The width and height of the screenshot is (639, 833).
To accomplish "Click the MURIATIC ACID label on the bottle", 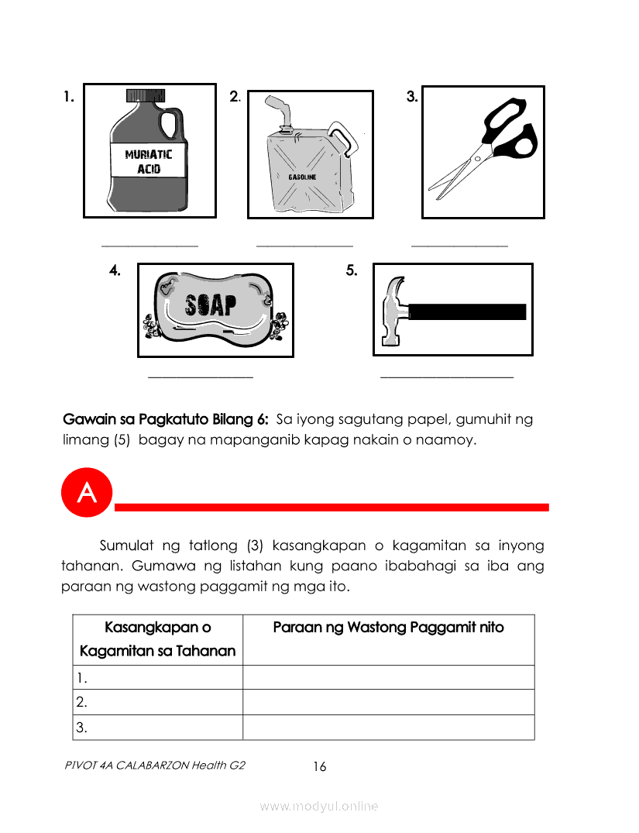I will [149, 160].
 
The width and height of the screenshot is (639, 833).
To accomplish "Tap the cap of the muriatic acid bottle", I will [146, 95].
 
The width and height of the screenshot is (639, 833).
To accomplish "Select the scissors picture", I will [483, 152].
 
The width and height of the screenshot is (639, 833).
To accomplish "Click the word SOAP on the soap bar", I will [211, 305].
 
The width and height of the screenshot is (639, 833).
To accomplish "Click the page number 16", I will [319, 767].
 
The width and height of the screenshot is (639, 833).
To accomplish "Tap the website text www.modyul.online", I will [319, 806].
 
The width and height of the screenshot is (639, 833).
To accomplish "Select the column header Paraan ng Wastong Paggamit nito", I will [388, 628].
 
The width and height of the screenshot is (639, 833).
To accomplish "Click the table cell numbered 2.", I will [157, 702].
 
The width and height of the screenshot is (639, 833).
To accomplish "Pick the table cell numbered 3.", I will [157, 727].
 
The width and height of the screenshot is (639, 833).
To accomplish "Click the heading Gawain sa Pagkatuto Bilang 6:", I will [166, 420].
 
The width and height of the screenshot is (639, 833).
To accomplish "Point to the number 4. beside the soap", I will [115, 270].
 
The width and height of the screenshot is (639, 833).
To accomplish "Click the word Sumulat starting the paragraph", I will [129, 545].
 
